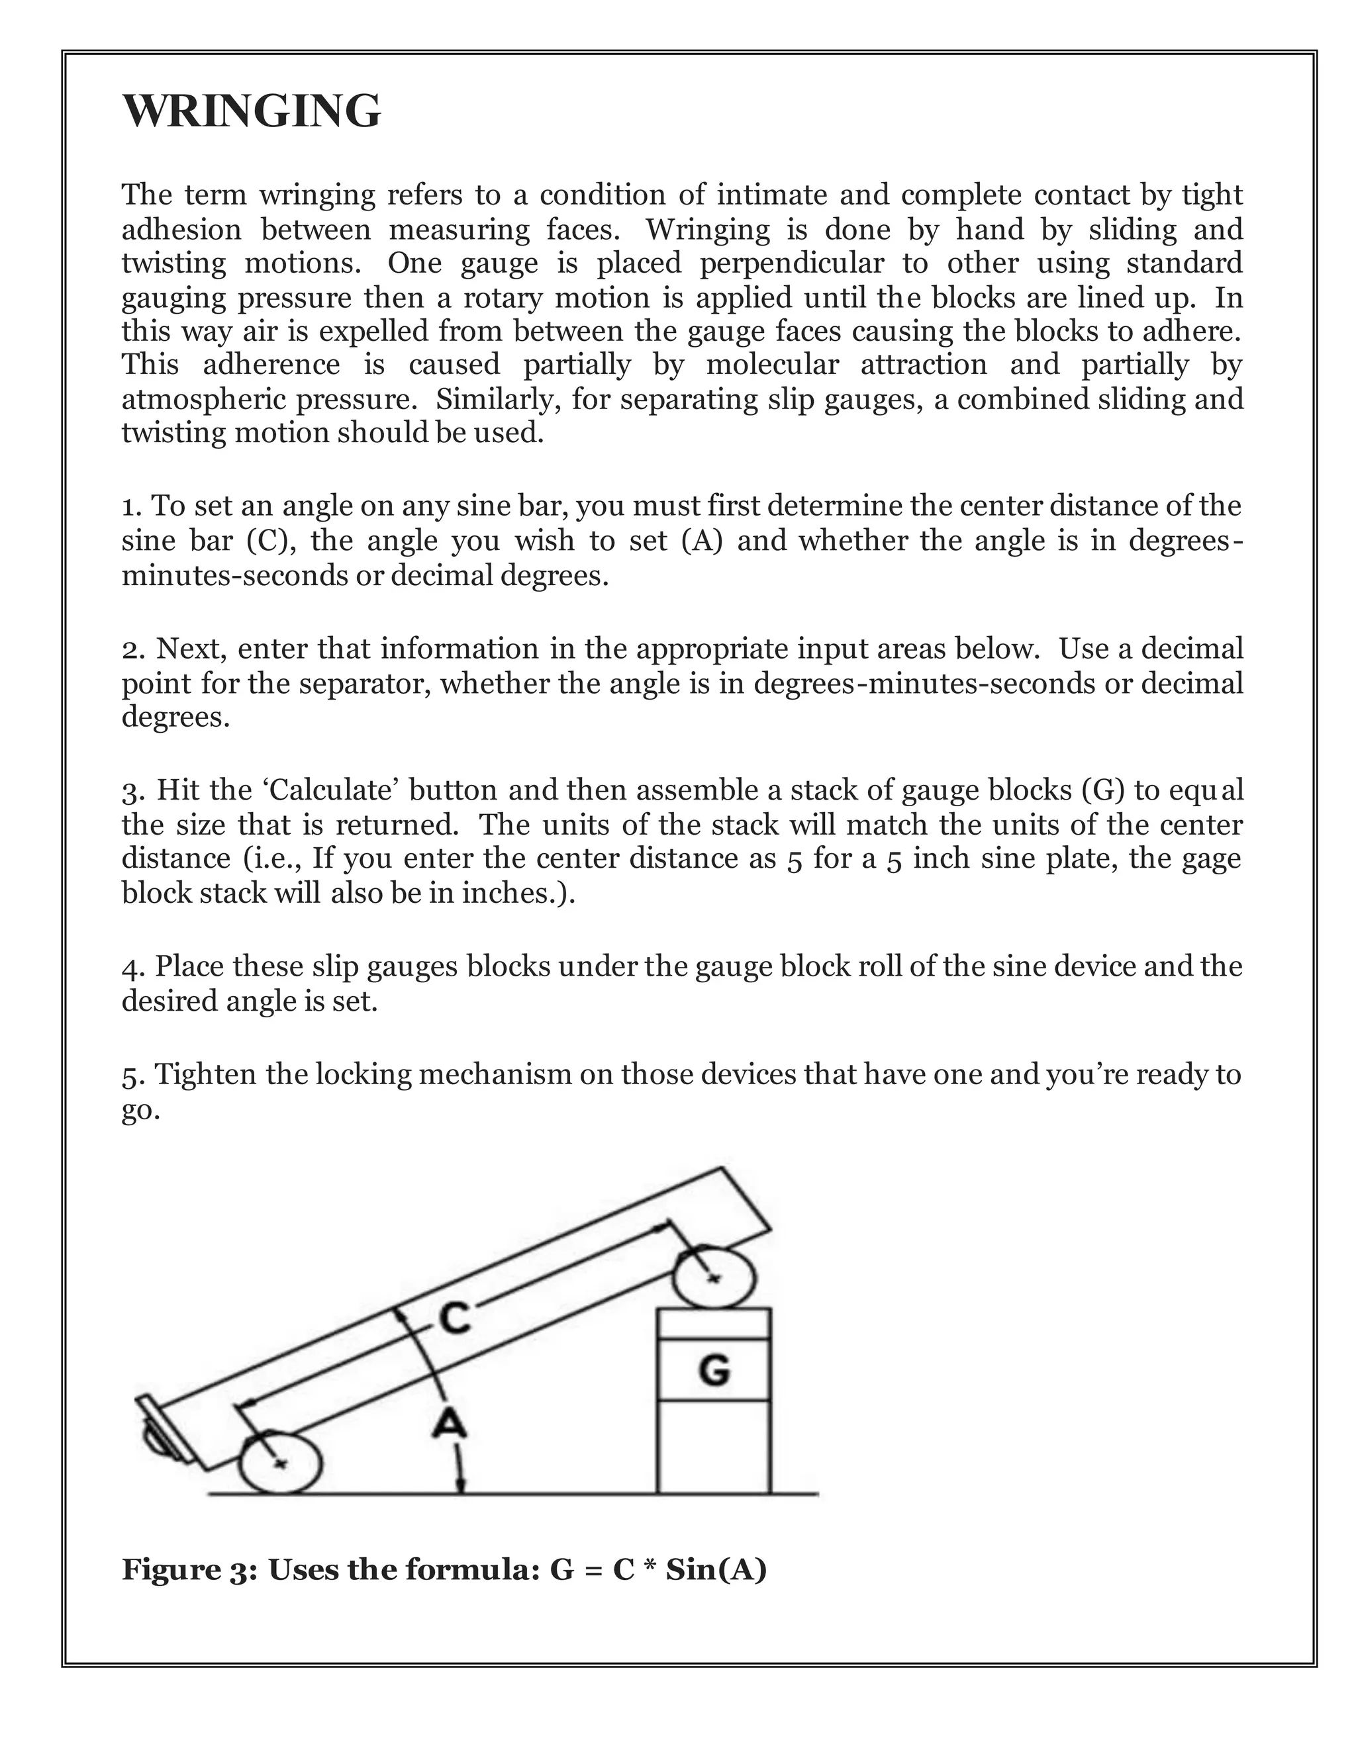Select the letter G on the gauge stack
[x=714, y=1370]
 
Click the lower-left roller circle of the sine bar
[x=280, y=1463]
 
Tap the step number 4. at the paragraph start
[x=133, y=966]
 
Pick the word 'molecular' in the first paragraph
[x=772, y=365]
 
